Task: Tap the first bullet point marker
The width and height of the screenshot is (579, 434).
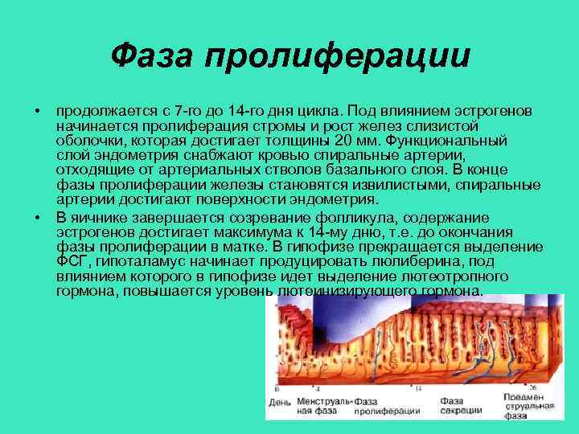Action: pyautogui.click(x=37, y=109)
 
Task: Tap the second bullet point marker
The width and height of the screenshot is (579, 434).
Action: pyautogui.click(x=37, y=219)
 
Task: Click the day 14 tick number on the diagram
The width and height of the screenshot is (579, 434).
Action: pyautogui.click(x=418, y=388)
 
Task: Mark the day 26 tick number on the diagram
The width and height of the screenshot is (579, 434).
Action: pyautogui.click(x=532, y=387)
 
